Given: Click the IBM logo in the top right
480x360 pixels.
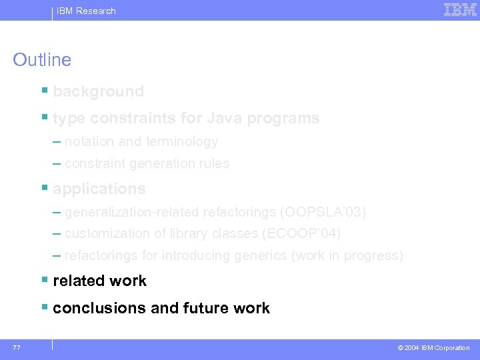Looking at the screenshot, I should [x=460, y=9].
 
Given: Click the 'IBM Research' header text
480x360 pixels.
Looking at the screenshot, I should [x=86, y=11].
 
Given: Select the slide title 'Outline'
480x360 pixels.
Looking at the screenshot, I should [x=42, y=60].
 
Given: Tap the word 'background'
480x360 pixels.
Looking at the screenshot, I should [x=98, y=91].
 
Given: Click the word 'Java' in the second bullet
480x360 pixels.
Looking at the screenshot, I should [x=225, y=118].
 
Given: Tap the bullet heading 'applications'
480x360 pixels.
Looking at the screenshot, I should [x=99, y=189].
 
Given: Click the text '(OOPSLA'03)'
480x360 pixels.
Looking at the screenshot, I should [x=323, y=212].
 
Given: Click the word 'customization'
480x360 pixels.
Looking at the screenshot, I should [x=106, y=233].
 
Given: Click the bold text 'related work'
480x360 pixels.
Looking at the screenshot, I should [x=99, y=281].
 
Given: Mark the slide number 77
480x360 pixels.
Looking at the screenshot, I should [x=16, y=347].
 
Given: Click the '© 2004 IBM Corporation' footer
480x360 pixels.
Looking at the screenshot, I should [x=433, y=348].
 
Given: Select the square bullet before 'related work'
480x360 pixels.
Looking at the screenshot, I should [x=44, y=280].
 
